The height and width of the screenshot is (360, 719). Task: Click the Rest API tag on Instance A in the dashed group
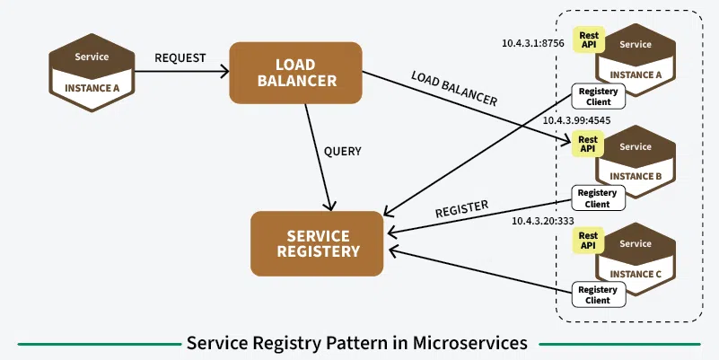(590, 40)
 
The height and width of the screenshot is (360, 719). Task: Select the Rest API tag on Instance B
(588, 144)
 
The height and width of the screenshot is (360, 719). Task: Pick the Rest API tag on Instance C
(589, 240)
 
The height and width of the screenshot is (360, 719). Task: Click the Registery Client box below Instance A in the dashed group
(597, 96)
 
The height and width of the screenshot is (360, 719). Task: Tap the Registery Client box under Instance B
(597, 198)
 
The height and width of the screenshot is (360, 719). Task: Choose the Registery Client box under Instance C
(597, 294)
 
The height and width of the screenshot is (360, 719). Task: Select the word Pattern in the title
(348, 343)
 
